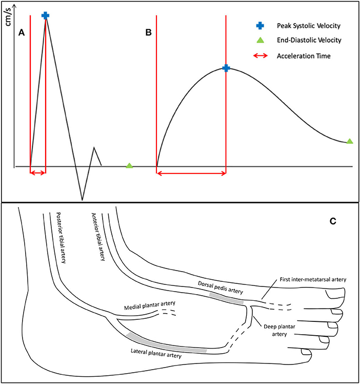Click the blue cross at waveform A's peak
tap(46, 15)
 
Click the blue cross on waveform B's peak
tap(226, 68)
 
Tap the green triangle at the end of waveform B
tap(350, 141)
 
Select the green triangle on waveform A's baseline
tap(129, 165)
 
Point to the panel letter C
tap(332, 221)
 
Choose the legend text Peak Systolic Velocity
tap(308, 25)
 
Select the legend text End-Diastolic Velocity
tap(309, 40)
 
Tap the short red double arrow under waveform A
tap(38, 174)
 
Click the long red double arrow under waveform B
tap(191, 174)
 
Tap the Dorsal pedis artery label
tap(221, 287)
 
